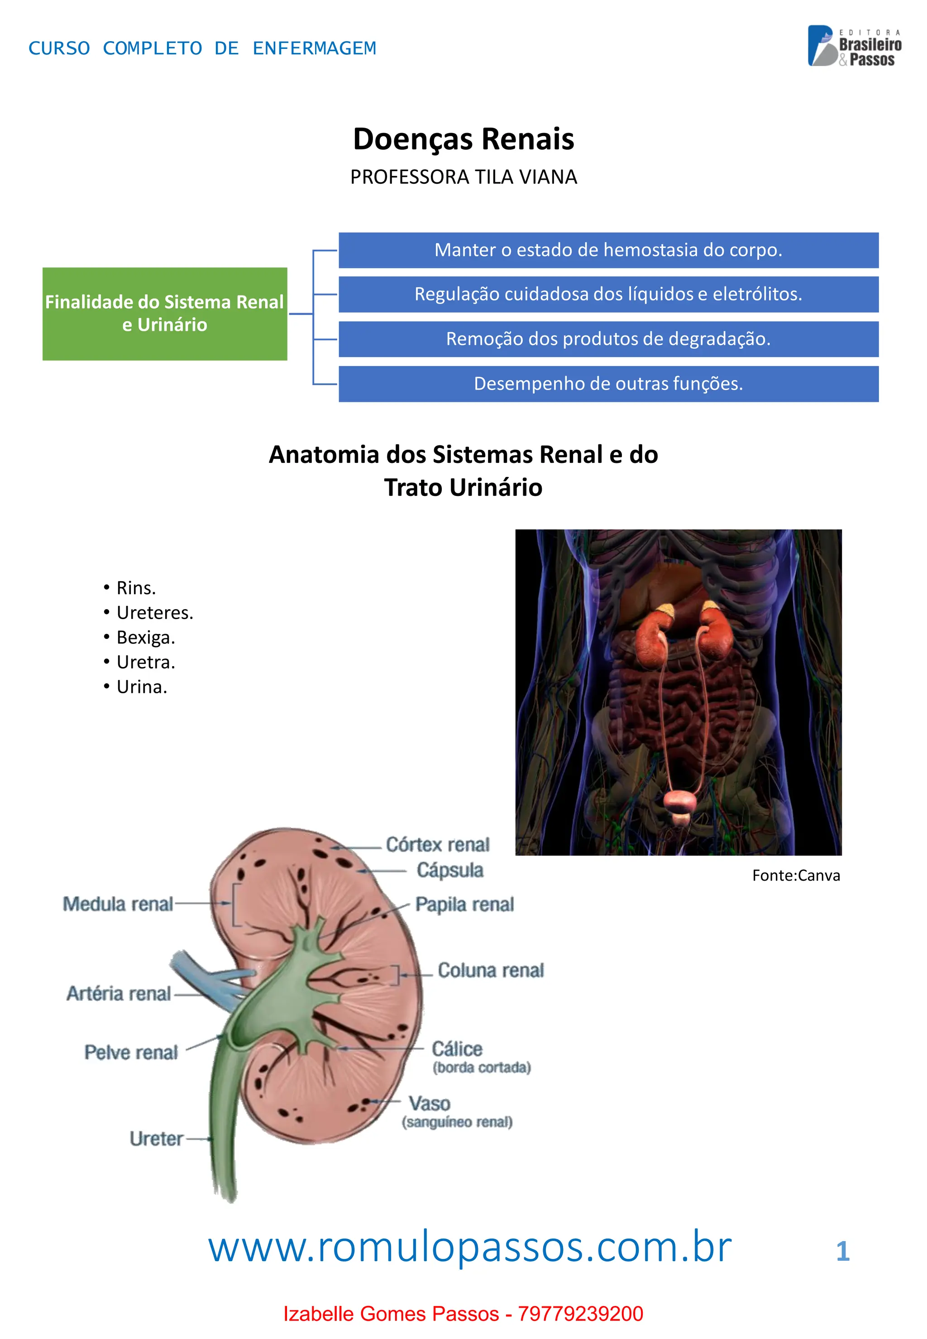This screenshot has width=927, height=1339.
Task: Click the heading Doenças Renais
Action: (x=463, y=139)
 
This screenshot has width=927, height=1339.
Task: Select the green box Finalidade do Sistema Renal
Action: (x=164, y=314)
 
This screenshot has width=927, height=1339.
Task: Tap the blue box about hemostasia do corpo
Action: (x=608, y=250)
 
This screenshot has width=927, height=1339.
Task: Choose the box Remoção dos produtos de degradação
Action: (x=608, y=339)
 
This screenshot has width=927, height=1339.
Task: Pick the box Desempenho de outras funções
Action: (x=608, y=384)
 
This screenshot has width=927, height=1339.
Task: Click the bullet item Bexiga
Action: (x=145, y=638)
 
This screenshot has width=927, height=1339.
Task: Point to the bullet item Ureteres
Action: (x=154, y=613)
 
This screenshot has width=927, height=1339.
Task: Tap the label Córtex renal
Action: (x=437, y=844)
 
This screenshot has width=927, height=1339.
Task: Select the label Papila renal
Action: (x=464, y=904)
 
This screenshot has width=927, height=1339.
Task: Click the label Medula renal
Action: (x=118, y=904)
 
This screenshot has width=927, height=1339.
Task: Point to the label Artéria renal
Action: (x=119, y=994)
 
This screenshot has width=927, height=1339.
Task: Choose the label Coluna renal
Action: (x=490, y=970)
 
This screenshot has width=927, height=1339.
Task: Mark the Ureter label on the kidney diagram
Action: (x=156, y=1139)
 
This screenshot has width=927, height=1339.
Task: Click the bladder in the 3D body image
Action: (x=679, y=801)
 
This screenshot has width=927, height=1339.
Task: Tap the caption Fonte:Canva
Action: (x=796, y=876)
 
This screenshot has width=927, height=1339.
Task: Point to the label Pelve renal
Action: (x=131, y=1052)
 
